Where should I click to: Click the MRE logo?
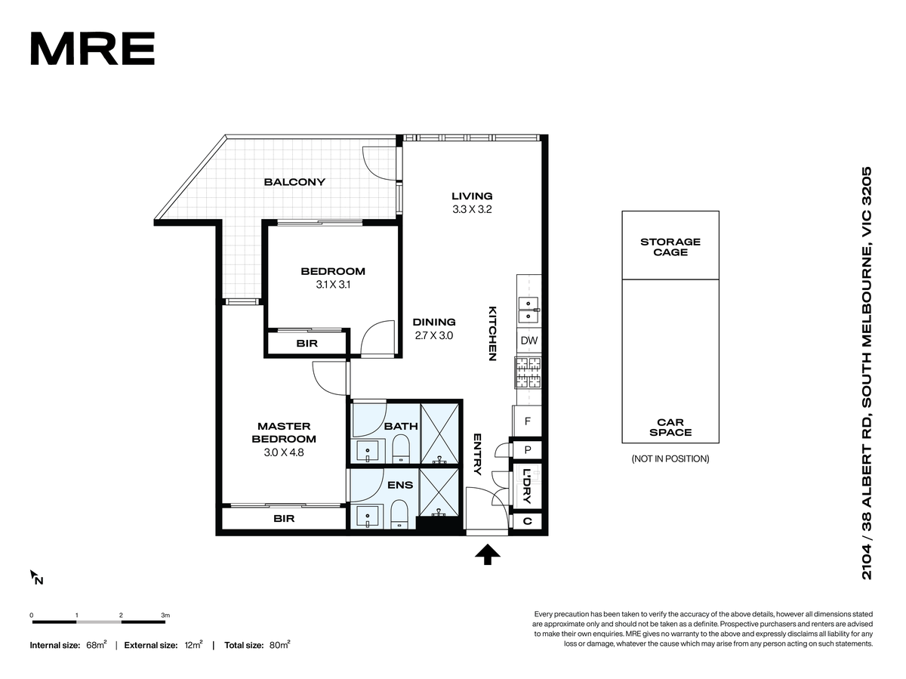[92, 48]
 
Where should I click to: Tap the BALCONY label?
[294, 182]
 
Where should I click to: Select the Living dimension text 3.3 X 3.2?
[472, 209]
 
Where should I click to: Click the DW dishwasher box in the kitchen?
[528, 341]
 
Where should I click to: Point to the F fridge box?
[527, 421]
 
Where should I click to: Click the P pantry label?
[528, 450]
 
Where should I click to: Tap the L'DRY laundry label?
[527, 486]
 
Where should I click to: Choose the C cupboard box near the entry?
[527, 521]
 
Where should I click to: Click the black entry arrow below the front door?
[488, 554]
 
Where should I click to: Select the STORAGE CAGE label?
[670, 247]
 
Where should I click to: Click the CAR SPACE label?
[670, 427]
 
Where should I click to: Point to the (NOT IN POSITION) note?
[670, 459]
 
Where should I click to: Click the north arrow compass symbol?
[36, 578]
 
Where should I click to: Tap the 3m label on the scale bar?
[165, 615]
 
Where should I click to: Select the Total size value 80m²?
[279, 645]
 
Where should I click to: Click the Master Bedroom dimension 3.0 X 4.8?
[284, 452]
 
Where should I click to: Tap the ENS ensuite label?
[400, 485]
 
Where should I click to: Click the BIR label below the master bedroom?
[284, 518]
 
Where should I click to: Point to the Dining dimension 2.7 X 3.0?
[434, 335]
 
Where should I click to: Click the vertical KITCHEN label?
[492, 334]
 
